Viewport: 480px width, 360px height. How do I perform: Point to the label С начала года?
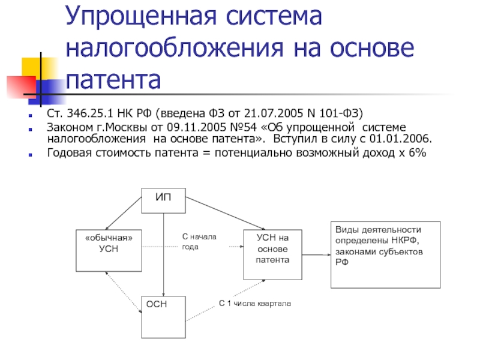pos(199,242)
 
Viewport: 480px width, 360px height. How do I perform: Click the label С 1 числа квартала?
pos(254,304)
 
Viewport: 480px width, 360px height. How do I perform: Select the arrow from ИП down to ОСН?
pos(163,254)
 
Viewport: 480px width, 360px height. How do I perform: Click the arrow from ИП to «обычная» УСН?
pos(124,213)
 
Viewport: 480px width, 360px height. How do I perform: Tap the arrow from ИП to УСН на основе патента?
pos(226,213)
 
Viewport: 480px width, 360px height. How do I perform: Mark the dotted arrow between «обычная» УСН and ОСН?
pos(124,292)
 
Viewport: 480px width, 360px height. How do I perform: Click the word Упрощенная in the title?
pos(141,17)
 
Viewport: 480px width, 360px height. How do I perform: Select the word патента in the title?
pos(113,80)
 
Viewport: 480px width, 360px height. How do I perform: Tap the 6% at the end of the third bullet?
pos(418,152)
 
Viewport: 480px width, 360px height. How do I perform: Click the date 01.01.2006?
pos(400,139)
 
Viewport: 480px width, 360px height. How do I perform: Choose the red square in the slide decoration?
pos(22,86)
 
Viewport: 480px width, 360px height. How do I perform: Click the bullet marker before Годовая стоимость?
pos(30,155)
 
